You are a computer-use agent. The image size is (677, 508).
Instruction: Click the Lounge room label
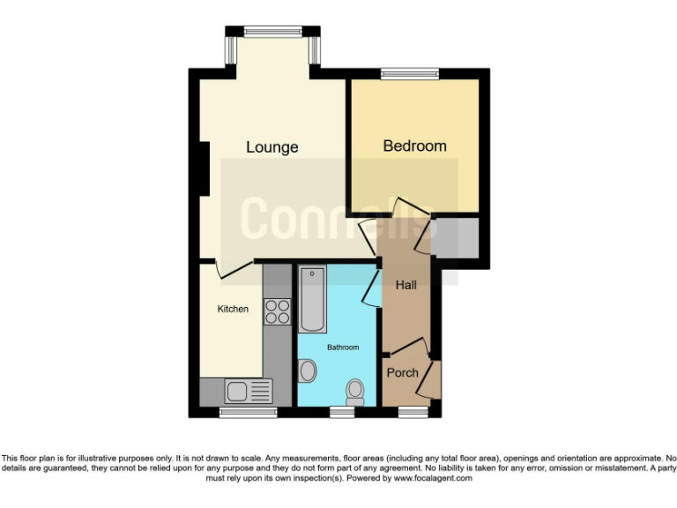tap(272, 147)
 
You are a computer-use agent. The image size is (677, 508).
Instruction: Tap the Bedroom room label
tap(414, 146)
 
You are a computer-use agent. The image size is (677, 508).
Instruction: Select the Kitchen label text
tap(233, 309)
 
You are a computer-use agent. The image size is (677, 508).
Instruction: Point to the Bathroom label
tap(343, 347)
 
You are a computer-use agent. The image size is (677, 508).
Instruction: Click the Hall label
tap(405, 285)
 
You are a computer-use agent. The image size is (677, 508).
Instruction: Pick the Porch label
tap(402, 372)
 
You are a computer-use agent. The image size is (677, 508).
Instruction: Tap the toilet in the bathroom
tap(355, 390)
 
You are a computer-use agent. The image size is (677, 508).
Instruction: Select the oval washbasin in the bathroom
tap(308, 370)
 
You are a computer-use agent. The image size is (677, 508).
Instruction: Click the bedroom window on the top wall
tap(410, 74)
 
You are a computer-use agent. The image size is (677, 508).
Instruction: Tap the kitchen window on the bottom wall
tap(242, 411)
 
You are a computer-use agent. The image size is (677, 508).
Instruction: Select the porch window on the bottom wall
tap(410, 411)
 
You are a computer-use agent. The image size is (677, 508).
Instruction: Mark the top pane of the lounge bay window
tap(272, 32)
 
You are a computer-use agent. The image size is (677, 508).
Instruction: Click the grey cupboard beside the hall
tap(455, 237)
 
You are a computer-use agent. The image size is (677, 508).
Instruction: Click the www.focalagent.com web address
tap(432, 478)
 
